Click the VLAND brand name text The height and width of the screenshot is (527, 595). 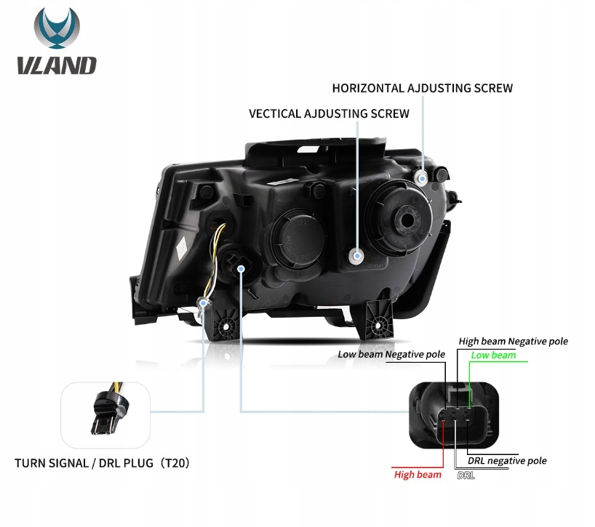[57, 65]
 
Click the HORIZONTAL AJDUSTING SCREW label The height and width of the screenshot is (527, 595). [422, 88]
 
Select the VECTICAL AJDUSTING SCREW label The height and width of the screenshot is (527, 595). [329, 114]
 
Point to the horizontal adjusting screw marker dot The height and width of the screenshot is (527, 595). [421, 177]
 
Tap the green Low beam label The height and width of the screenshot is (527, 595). [492, 355]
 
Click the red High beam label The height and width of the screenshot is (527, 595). [418, 475]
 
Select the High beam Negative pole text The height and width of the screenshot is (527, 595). [513, 341]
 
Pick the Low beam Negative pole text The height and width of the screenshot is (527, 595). [391, 355]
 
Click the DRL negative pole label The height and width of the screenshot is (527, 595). [507, 461]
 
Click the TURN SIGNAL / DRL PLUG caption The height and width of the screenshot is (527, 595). [102, 462]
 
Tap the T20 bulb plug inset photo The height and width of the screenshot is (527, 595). [105, 414]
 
